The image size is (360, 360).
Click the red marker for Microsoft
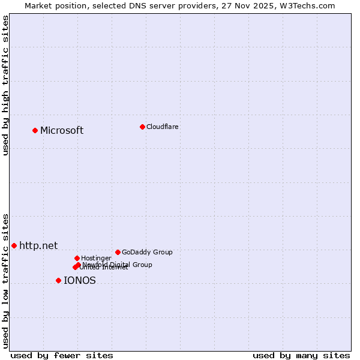(35, 130)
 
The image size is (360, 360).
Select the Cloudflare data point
(142, 127)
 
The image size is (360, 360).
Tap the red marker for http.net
(14, 245)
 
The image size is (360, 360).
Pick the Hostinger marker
(77, 258)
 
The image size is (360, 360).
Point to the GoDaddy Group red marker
(118, 252)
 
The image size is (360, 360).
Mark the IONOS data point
(58, 280)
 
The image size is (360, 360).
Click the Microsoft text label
(62, 131)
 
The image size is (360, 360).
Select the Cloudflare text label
(163, 127)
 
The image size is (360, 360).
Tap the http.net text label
(38, 245)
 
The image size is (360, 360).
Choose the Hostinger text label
(97, 258)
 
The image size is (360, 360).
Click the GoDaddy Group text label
(147, 252)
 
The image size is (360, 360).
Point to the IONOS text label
(80, 280)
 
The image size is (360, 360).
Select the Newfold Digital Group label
(118, 264)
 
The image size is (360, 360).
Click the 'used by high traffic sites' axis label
(6, 85)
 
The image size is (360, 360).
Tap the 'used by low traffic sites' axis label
(6, 281)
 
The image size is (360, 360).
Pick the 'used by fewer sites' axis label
(62, 355)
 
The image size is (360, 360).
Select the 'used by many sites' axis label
(301, 355)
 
